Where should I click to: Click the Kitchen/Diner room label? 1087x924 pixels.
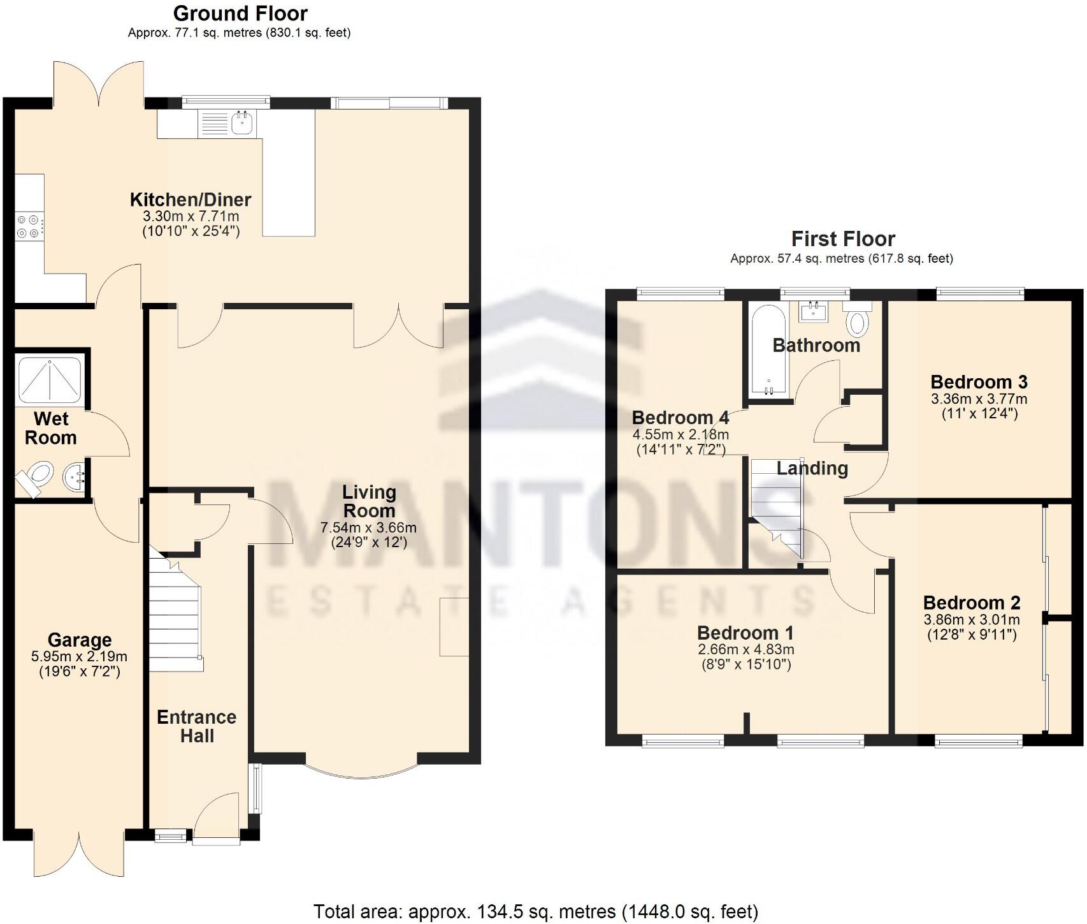[191, 200]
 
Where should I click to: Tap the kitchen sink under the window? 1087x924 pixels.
[241, 123]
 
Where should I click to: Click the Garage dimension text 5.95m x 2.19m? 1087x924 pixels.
[79, 656]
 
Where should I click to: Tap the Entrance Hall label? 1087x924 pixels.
[196, 726]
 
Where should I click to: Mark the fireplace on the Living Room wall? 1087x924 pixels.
[454, 627]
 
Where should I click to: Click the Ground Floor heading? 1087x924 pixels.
[240, 13]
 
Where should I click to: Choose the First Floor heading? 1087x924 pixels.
[842, 239]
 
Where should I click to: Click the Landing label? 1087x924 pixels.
[812, 469]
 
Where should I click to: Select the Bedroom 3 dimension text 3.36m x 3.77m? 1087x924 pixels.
[979, 399]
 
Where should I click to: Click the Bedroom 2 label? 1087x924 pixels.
[971, 603]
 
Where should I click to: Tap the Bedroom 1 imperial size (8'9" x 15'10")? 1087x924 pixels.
[745, 664]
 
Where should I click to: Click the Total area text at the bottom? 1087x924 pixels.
[535, 911]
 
